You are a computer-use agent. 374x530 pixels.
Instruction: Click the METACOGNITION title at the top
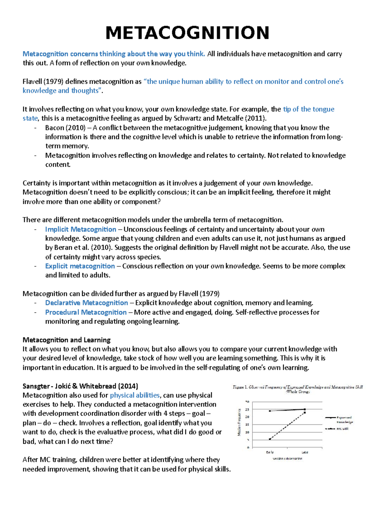pyautogui.click(x=187, y=33)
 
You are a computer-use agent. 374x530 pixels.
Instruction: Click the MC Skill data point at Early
pyautogui.click(x=270, y=439)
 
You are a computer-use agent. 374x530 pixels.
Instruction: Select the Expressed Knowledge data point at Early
pyautogui.click(x=270, y=411)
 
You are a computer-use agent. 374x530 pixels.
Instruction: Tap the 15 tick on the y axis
pyautogui.click(x=247, y=424)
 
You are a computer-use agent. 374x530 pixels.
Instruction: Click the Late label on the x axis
pyautogui.click(x=304, y=452)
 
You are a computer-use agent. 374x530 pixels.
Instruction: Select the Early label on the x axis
pyautogui.click(x=270, y=452)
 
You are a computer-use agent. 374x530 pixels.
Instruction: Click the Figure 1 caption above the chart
pyautogui.click(x=298, y=389)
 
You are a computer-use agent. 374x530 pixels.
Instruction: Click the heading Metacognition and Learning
pyautogui.click(x=66, y=340)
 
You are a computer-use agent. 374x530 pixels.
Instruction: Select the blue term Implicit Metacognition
pyautogui.click(x=80, y=229)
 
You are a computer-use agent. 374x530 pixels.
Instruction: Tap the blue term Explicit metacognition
pyautogui.click(x=80, y=266)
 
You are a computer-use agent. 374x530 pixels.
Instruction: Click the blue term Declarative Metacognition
pyautogui.click(x=86, y=303)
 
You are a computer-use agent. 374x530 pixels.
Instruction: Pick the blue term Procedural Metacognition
pyautogui.click(x=86, y=312)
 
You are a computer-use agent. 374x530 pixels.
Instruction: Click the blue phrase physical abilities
pyautogui.click(x=135, y=395)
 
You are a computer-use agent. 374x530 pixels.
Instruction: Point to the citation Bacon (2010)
pyautogui.click(x=65, y=128)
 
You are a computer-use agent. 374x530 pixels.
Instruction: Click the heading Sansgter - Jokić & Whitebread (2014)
pyautogui.click(x=80, y=386)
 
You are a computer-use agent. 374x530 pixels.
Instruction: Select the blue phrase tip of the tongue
pyautogui.click(x=308, y=109)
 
